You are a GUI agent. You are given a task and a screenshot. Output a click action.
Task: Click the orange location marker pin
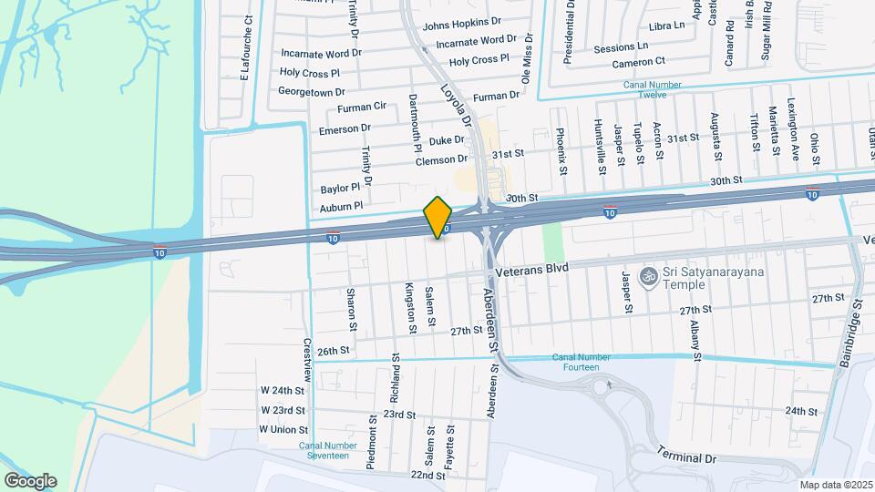click(438, 217)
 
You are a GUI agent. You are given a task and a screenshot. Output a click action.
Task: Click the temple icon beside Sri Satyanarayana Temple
click(648, 276)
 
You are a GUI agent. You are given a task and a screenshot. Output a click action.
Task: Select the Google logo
click(30, 480)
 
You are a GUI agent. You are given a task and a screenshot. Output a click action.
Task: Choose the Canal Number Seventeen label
click(324, 450)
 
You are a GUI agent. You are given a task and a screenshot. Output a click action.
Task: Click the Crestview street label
click(307, 361)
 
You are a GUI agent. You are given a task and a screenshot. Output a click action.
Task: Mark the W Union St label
click(283, 429)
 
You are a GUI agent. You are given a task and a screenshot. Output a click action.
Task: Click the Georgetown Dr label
click(312, 92)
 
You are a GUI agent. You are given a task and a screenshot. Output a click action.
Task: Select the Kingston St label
click(409, 299)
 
